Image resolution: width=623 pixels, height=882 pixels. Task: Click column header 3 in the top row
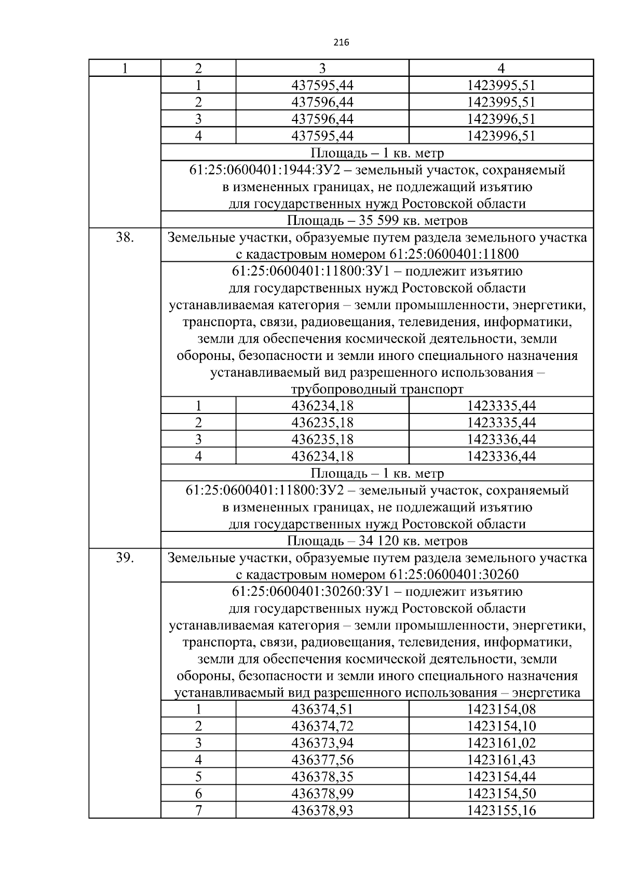[x=322, y=68]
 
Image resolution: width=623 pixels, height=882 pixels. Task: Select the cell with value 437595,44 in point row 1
[x=322, y=85]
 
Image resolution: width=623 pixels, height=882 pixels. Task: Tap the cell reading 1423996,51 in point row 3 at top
[x=501, y=119]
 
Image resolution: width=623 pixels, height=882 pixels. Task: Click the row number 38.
[x=125, y=237]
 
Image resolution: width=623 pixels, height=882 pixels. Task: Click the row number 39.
[x=125, y=558]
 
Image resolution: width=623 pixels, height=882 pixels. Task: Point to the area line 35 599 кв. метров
[x=377, y=220]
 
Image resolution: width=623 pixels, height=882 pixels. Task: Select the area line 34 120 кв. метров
[x=377, y=541]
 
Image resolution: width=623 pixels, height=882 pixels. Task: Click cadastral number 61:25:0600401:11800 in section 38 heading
[x=453, y=255]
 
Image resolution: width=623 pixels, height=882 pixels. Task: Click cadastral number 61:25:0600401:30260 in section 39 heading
[x=453, y=574]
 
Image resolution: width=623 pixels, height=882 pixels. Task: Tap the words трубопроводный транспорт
[x=377, y=389]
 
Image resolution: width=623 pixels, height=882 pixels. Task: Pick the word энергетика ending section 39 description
[x=546, y=693]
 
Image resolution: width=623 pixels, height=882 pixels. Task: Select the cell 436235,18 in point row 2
[x=322, y=422]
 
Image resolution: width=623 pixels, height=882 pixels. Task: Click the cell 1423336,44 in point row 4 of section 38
[x=501, y=456]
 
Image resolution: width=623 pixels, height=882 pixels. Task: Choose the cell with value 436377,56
[x=322, y=760]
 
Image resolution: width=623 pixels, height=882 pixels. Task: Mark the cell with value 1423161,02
[x=501, y=743]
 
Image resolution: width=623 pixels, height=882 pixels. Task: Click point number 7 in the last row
[x=198, y=810]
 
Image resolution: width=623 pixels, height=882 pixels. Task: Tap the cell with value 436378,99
[x=322, y=794]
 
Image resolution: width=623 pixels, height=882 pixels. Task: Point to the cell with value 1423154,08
[x=501, y=709]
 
